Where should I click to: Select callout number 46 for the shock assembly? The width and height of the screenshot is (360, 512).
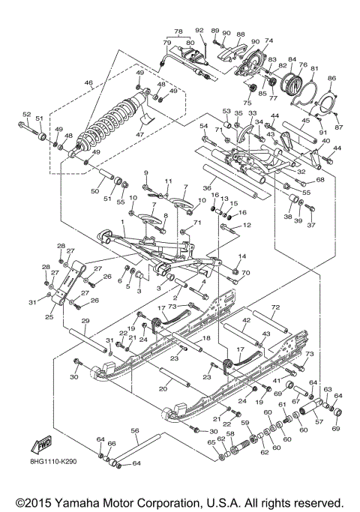[x=88, y=82]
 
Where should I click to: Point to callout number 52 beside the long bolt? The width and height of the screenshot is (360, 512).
[x=26, y=115]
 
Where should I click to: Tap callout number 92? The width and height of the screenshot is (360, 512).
[x=199, y=30]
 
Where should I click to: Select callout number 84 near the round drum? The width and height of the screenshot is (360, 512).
[x=292, y=58]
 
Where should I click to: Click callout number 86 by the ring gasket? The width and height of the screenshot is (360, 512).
[x=332, y=78]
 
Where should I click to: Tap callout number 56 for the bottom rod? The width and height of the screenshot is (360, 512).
[x=135, y=431]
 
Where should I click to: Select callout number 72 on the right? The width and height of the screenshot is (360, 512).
[x=274, y=308]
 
